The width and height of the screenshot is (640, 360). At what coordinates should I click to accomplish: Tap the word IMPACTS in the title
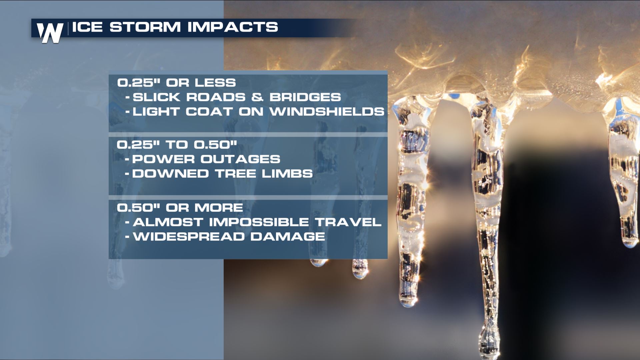pos(233,27)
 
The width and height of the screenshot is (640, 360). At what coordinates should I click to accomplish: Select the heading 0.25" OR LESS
pos(176,83)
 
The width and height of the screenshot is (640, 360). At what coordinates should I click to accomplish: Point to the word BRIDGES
pos(305,97)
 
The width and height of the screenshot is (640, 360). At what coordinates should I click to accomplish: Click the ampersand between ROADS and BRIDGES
pos(257,97)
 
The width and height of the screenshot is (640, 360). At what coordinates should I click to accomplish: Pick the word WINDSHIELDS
pos(327,111)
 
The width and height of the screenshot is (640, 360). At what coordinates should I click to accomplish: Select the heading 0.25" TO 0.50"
pos(177,145)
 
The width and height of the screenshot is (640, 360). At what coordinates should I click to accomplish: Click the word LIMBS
pos(287,173)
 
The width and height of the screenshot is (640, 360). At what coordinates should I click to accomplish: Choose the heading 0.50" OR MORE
pos(180,208)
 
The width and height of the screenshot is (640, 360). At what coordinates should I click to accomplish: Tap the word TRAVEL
pos(348,222)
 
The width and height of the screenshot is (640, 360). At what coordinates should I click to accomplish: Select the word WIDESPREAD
pos(189,236)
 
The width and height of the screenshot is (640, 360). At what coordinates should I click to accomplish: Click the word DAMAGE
pos(288,236)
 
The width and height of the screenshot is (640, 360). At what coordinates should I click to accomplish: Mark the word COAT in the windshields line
pos(209,111)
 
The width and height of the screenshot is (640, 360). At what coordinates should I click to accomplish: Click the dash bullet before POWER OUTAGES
pos(127,159)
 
